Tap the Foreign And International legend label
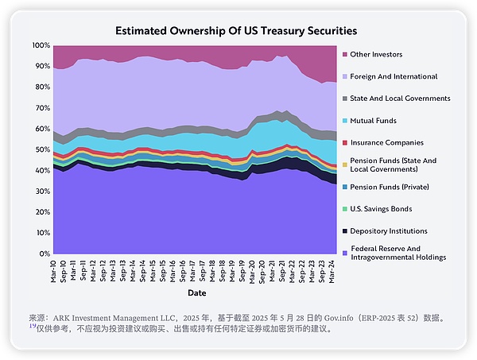[x=394, y=76]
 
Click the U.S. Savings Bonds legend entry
[x=382, y=209]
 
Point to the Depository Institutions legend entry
[x=388, y=230]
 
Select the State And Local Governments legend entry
[x=400, y=99]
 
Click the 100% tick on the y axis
[x=41, y=45]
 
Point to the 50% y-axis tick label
[x=42, y=149]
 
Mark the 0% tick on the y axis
[x=45, y=254]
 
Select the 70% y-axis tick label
[x=42, y=108]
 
